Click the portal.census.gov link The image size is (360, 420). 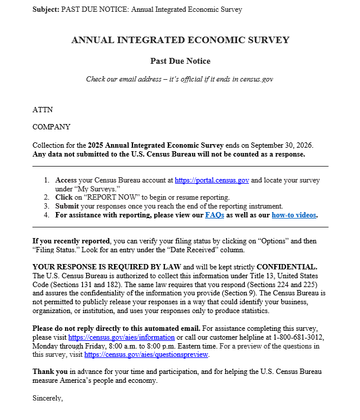point(212,180)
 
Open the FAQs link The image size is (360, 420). point(215,215)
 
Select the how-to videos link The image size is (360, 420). point(294,215)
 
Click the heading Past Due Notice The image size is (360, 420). point(180,61)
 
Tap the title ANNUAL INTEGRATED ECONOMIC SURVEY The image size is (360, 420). point(180,40)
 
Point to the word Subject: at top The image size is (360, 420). point(46,9)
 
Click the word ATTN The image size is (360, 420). point(42,110)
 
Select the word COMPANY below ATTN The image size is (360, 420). point(51,127)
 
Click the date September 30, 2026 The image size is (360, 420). point(279,145)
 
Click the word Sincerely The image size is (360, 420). point(47,398)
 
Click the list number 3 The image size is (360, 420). point(46,206)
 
